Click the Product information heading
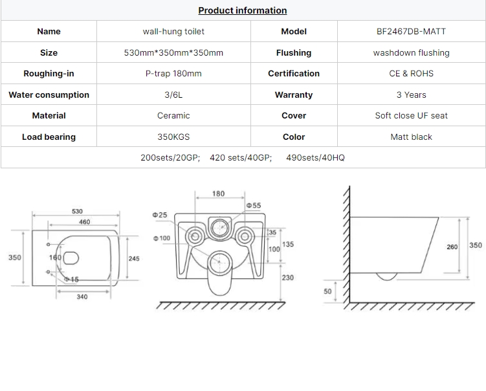(243, 10)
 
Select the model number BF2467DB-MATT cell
(411, 31)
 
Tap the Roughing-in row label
(49, 74)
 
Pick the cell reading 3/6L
(173, 95)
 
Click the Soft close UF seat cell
(411, 116)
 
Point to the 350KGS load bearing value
(173, 137)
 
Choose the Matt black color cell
(411, 137)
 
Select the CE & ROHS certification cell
(411, 74)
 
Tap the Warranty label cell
(294, 95)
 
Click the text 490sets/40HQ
(315, 157)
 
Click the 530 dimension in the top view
(77, 211)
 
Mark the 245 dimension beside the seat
(134, 258)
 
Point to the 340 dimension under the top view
(82, 296)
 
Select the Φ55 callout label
(254, 205)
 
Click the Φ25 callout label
(160, 215)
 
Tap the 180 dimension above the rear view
(218, 194)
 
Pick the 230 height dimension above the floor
(287, 278)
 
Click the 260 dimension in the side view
(452, 247)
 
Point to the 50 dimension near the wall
(327, 291)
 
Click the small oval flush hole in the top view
(71, 258)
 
